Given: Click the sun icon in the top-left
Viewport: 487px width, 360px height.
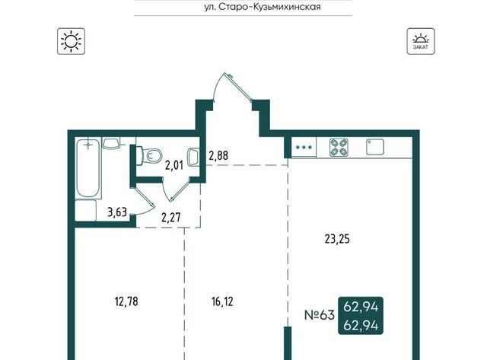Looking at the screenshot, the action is [x=71, y=41].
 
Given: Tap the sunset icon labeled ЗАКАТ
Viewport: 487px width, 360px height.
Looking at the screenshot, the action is [x=421, y=41].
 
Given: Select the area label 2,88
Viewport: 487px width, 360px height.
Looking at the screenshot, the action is [x=218, y=155].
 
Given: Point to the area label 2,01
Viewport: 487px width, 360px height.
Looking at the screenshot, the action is [x=174, y=166].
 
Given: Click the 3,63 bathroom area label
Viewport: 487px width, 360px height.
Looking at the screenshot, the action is [x=117, y=212].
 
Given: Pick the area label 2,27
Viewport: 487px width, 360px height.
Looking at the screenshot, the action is [x=170, y=217].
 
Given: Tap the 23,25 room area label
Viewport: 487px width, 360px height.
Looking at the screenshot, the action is [x=337, y=239].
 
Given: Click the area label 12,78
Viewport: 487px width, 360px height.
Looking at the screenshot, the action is [x=126, y=301].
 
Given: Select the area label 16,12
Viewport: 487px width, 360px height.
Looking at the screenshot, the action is [x=222, y=301].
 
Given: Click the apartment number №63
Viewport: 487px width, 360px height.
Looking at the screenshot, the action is [x=320, y=315].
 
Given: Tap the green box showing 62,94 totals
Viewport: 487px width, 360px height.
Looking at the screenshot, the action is [x=361, y=316].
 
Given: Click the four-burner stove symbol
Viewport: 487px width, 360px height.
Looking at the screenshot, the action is [x=339, y=147].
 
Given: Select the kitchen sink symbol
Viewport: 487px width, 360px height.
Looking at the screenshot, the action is [x=375, y=147].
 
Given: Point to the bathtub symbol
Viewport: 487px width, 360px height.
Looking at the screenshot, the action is [x=88, y=168].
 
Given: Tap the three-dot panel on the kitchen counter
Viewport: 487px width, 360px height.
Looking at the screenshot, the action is [x=304, y=147].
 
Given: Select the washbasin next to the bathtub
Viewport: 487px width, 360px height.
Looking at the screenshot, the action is [x=110, y=143].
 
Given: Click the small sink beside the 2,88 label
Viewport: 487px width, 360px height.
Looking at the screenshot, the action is [x=193, y=158].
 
